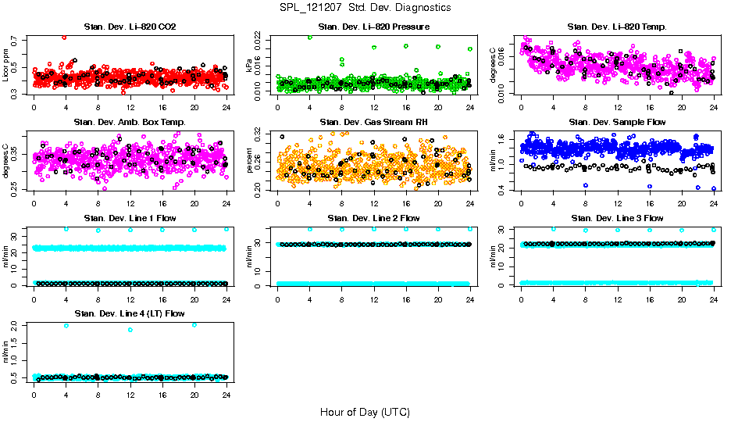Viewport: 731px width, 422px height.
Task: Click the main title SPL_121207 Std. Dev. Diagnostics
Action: tap(365, 8)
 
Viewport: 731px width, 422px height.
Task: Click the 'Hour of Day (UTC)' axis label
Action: tap(365, 411)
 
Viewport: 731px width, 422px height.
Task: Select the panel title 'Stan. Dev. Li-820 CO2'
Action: tap(129, 27)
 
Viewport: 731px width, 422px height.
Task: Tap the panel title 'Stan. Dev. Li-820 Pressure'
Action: tap(373, 27)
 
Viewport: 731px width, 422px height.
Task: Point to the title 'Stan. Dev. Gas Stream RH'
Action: tap(373, 122)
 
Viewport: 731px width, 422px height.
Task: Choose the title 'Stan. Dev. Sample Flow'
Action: tap(617, 122)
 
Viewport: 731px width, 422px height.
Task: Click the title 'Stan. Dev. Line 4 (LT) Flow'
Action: tap(129, 313)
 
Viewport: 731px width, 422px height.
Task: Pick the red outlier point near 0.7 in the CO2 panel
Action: tap(64, 37)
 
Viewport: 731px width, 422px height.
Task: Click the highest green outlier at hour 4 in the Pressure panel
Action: tap(309, 37)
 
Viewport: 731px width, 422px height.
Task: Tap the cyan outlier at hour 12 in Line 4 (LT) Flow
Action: tap(130, 330)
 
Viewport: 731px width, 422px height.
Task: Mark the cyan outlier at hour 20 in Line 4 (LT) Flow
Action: tap(194, 325)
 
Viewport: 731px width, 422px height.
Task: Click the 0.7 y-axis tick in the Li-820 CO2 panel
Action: tap(20, 38)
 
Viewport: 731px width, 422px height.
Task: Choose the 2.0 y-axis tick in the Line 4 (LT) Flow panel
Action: tap(20, 325)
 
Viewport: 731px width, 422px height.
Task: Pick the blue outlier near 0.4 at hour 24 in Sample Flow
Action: tap(713, 188)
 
